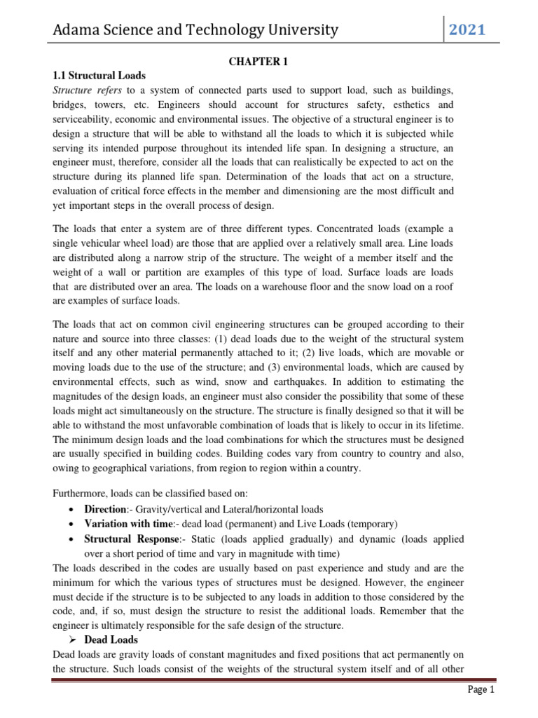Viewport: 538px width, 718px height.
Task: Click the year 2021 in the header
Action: point(467,29)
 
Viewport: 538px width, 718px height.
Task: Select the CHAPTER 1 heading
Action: point(258,62)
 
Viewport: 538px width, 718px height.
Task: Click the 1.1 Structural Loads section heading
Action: point(99,76)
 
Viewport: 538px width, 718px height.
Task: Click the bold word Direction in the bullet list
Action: point(105,509)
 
